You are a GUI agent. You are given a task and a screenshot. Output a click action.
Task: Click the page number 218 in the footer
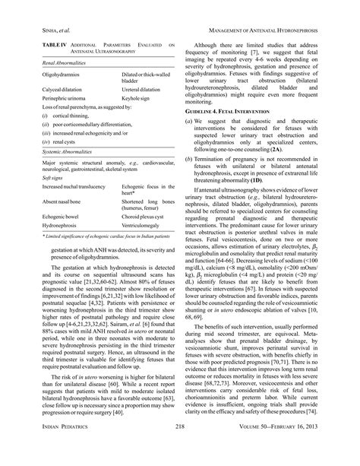coord(180,449)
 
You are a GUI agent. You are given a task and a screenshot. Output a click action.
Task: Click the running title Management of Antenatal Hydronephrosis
coord(270,30)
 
